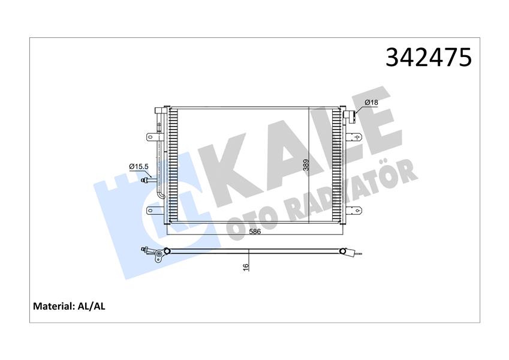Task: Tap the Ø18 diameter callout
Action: pos(371,103)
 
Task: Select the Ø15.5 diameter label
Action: pos(139,166)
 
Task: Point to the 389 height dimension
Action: pos(306,165)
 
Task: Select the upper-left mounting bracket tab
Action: pos(150,137)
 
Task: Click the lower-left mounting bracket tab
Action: pos(150,210)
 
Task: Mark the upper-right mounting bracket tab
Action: pos(357,137)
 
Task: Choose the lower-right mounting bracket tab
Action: pos(357,210)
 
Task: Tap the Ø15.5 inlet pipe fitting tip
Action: pos(143,178)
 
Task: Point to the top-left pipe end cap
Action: pos(159,110)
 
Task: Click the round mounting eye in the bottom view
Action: pos(159,259)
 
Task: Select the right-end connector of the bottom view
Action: pos(344,251)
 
